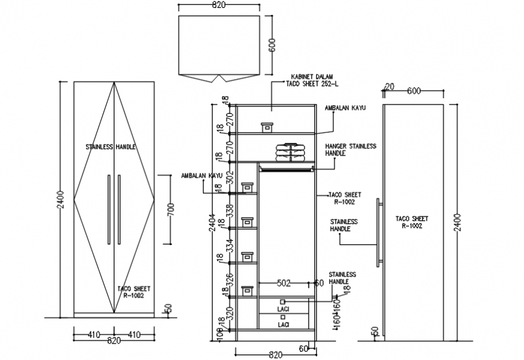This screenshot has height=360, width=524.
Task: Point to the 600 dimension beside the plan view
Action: point(272,46)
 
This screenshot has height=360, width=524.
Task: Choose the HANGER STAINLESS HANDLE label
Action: point(350,150)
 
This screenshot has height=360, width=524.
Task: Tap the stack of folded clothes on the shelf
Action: point(290,152)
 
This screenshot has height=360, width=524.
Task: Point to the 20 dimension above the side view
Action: point(389,87)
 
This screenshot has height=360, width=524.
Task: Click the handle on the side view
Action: point(379,232)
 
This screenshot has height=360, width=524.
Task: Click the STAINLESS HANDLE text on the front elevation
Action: point(111,147)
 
